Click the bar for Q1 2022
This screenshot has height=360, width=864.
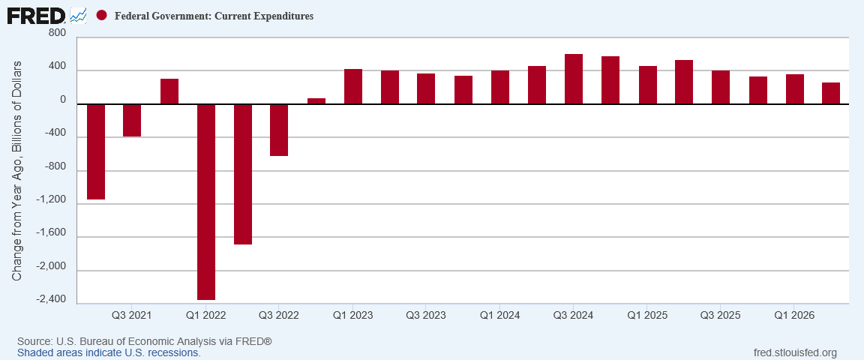pyautogui.click(x=206, y=202)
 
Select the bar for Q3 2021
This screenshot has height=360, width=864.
pyautogui.click(x=132, y=120)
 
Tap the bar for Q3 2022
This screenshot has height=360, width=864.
pyautogui.click(x=279, y=130)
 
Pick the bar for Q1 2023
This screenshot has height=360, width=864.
pyautogui.click(x=353, y=86)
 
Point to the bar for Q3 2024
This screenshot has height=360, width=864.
pyautogui.click(x=574, y=79)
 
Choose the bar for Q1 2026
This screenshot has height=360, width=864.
pyautogui.click(x=794, y=89)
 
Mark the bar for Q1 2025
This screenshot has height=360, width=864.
pyautogui.click(x=648, y=85)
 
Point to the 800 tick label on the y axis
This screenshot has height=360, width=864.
pyautogui.click(x=57, y=33)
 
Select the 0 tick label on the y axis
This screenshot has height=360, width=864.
pyautogui.click(x=62, y=100)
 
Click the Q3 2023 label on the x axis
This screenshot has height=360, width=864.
pyautogui.click(x=426, y=315)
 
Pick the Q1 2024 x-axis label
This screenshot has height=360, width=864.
pyautogui.click(x=499, y=315)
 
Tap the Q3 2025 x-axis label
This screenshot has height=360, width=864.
pyautogui.click(x=720, y=315)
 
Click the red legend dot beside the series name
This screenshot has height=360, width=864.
pyautogui.click(x=101, y=16)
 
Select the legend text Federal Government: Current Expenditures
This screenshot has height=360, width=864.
pyautogui.click(x=214, y=16)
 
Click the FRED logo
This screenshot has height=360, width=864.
pyautogui.click(x=36, y=15)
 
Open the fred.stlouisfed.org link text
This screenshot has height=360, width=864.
pyautogui.click(x=794, y=352)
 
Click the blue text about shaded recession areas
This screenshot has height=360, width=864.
pyautogui.click(x=109, y=352)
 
